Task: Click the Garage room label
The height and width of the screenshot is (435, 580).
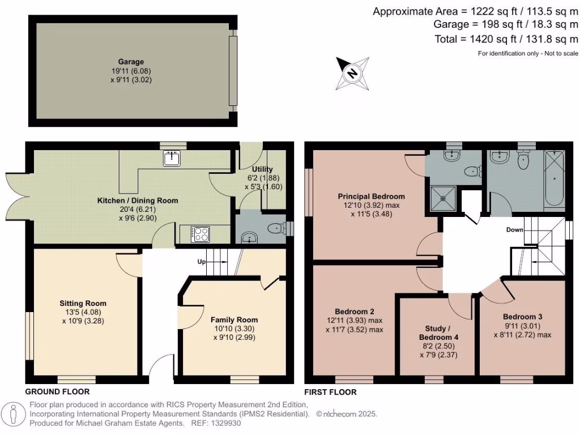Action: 131,62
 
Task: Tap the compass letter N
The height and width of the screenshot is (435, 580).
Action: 352,73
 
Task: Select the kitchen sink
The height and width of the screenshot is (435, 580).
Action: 172,158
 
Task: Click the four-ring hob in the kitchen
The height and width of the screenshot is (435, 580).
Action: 201,234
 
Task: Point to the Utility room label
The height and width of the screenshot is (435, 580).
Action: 262,169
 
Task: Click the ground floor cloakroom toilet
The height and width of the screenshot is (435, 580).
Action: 276,228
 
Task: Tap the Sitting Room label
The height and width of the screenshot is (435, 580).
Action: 83,304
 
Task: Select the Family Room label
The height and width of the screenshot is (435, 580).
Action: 234,320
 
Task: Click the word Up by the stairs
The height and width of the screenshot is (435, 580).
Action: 201,262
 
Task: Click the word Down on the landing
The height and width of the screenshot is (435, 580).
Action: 514,230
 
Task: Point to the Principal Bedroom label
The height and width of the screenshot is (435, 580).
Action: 371,197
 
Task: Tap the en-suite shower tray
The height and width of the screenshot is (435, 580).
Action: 443,198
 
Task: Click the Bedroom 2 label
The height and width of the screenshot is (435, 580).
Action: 355,312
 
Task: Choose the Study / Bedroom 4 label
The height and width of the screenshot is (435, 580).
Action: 438,333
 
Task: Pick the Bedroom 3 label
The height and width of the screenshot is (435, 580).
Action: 522,317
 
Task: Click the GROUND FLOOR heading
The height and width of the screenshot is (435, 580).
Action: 57,392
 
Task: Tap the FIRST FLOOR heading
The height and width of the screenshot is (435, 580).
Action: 330,392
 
